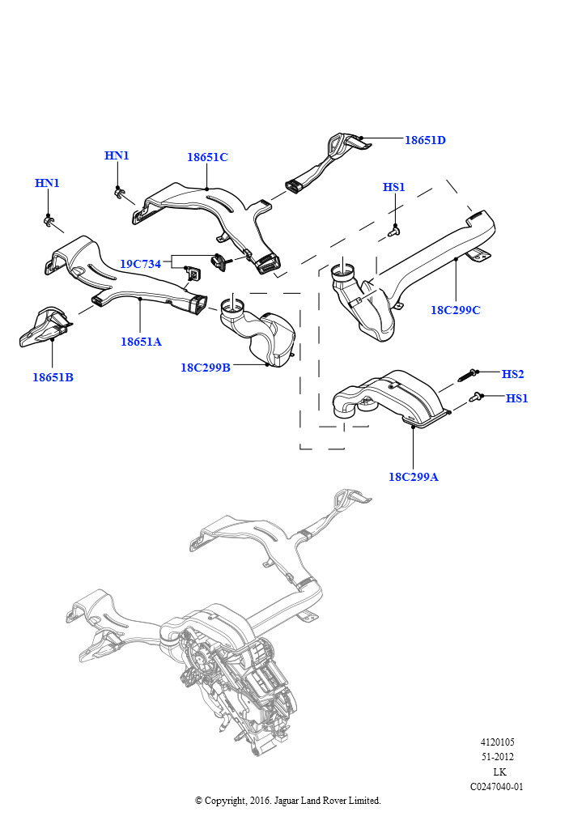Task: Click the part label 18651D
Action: point(425,140)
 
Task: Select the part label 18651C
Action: point(207,157)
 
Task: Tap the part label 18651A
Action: point(142,342)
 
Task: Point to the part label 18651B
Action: point(53,377)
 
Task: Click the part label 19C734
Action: point(141,264)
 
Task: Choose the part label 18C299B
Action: point(206,368)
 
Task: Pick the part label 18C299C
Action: point(456,310)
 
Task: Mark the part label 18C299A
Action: point(414,477)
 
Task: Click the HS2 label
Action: point(513,374)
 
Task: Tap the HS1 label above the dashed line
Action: point(394,188)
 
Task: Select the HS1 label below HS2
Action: point(517,398)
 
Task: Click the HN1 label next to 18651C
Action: point(117,155)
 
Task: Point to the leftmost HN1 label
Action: point(47,183)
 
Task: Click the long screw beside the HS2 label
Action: point(468,375)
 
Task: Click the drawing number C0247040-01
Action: point(497,786)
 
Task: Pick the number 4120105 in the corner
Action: point(497,742)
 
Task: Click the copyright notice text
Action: point(288,801)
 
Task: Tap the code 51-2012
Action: point(497,757)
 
